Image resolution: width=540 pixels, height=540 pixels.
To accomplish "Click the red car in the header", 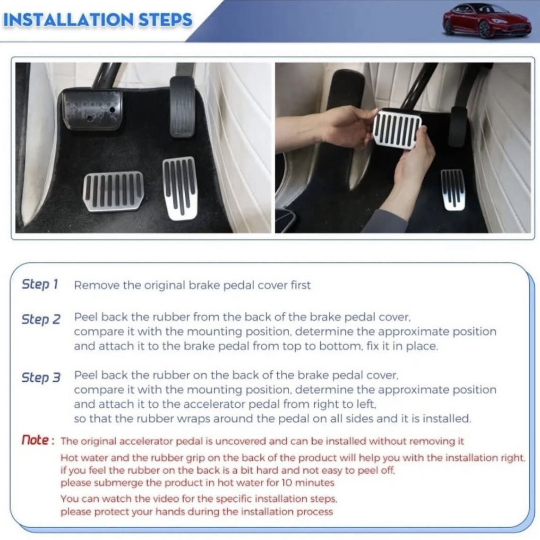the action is click(x=487, y=20).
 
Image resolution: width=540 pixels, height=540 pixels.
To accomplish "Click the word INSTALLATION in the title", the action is click(x=68, y=20).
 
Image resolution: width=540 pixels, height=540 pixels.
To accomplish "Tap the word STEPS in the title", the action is click(x=165, y=20).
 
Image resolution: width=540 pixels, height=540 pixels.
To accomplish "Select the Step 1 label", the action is click(x=40, y=284).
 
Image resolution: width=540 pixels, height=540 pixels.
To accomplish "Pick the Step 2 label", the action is click(x=41, y=319).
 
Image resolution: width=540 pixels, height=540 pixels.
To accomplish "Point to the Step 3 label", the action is click(x=41, y=377).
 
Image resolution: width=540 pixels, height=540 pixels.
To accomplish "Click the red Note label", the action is click(x=37, y=440).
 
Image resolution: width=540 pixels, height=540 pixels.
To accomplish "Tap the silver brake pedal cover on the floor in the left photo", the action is click(x=113, y=191).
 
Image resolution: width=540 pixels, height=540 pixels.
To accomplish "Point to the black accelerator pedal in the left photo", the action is click(x=182, y=106).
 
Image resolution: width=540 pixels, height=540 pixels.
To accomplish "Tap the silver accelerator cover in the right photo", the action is click(x=453, y=189).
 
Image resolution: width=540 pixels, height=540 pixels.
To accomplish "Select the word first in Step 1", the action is click(x=300, y=285).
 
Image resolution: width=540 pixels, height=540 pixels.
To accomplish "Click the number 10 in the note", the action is click(x=287, y=482).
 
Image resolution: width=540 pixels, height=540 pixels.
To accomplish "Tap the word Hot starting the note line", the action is click(x=68, y=458).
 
